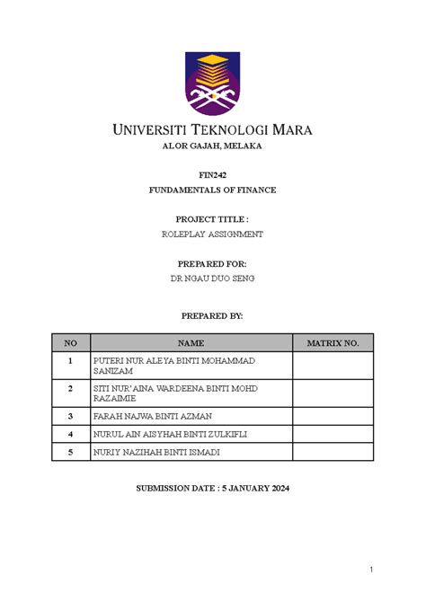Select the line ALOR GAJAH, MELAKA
point(212,146)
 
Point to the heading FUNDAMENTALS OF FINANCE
point(212,190)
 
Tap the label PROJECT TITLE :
point(212,218)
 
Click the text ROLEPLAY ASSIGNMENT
point(212,234)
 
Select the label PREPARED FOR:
point(212,264)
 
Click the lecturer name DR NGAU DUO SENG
point(212,279)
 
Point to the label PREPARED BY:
point(212,317)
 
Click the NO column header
point(69,343)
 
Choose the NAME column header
point(191,343)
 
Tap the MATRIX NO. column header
point(333,343)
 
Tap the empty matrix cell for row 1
point(333,365)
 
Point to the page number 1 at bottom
point(370,570)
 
